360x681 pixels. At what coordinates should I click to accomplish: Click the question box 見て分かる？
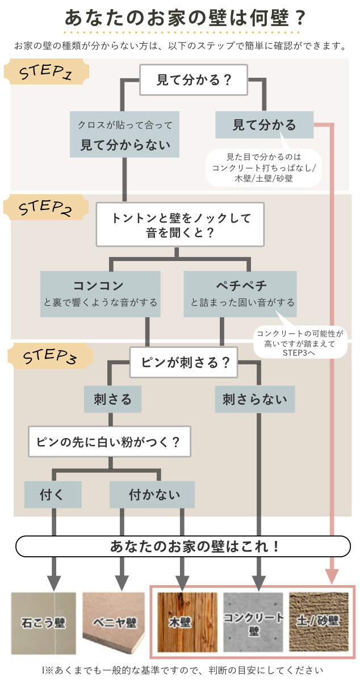pos(194,79)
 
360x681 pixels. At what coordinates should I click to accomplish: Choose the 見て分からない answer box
pos(125,134)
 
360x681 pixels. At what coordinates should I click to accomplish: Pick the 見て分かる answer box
pos(264,125)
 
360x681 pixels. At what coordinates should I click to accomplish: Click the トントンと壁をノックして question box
pos(181,224)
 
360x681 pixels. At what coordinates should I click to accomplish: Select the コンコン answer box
pos(100,293)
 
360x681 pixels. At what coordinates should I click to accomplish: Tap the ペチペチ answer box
pos(240,293)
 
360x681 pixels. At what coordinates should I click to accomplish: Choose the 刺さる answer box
pos(112,400)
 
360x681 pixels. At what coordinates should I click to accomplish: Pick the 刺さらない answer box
pos(255,400)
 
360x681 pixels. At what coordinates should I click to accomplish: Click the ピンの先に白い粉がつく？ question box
pos(110,442)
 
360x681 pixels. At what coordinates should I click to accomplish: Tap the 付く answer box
pos(53,494)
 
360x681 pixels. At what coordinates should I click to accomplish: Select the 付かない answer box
pos(152,494)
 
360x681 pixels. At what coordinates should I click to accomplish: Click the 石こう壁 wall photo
pos(44,622)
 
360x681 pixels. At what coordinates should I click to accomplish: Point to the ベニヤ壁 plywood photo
pos(116,622)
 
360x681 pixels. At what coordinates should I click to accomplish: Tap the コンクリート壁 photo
pos(253,622)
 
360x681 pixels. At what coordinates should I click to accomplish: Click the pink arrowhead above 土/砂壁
pos(332,576)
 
